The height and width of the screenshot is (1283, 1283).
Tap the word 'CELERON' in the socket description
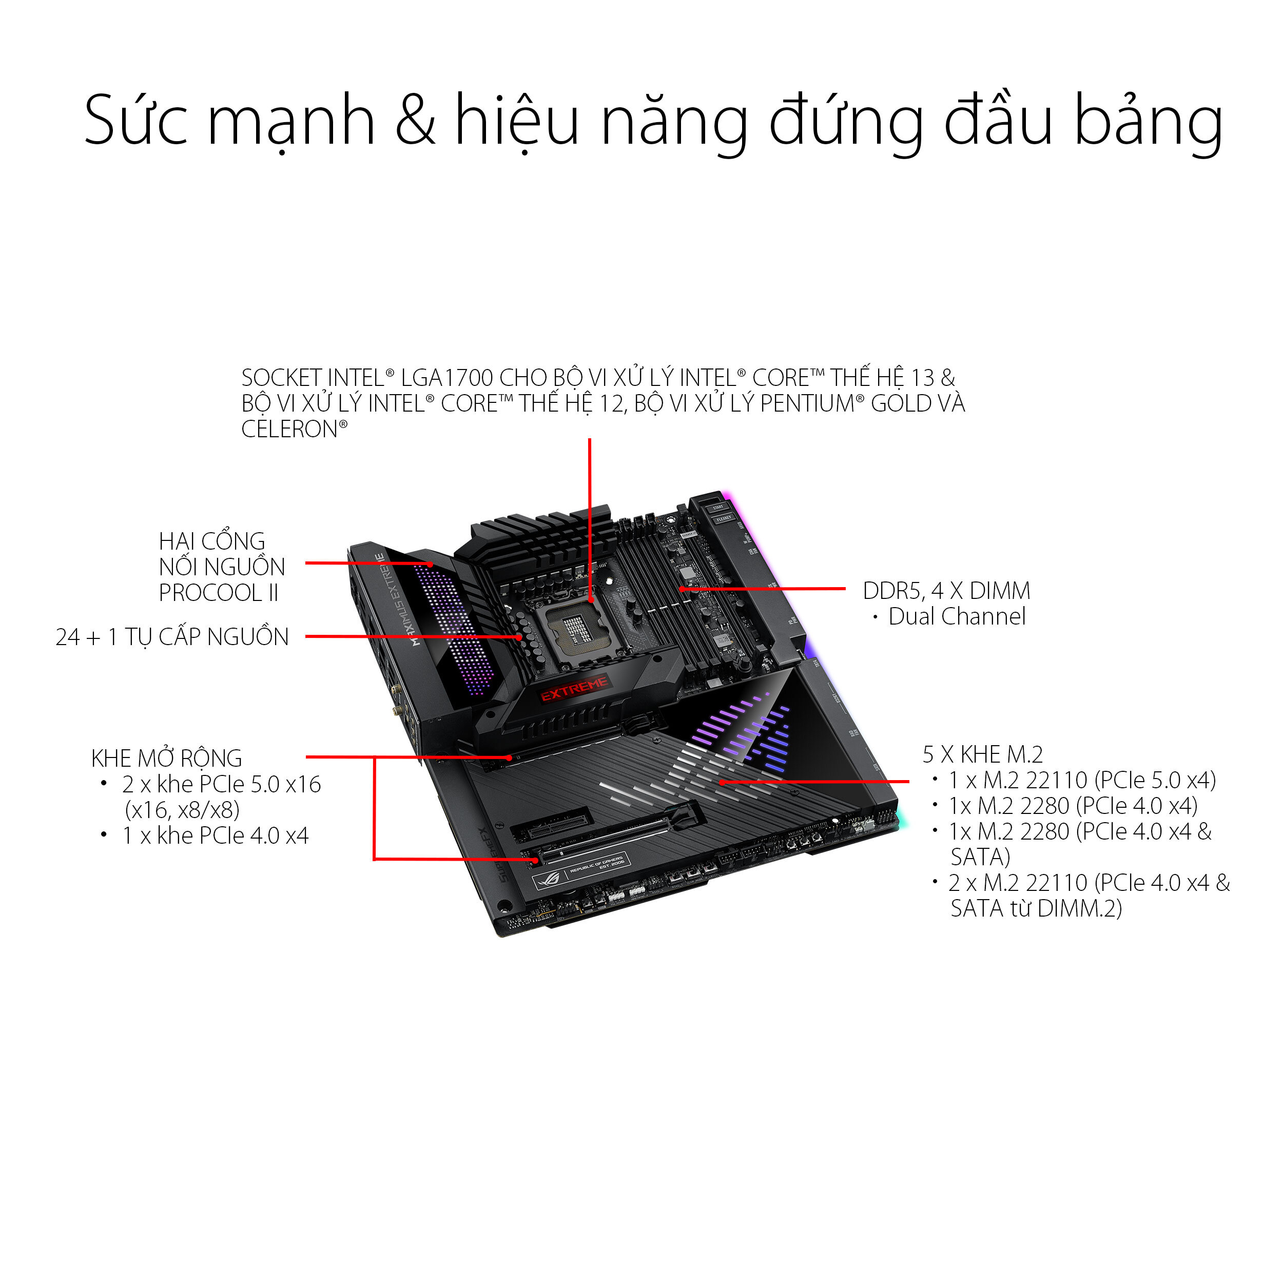click(x=290, y=430)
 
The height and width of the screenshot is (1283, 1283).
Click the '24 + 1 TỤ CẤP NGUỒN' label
click(x=172, y=637)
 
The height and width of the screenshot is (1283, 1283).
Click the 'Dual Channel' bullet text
click(x=956, y=617)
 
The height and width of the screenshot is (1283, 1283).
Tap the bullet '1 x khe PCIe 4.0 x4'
click(x=215, y=835)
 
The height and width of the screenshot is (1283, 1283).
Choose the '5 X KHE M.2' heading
click(x=982, y=754)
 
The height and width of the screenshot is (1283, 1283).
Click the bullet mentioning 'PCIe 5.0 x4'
click(x=1082, y=780)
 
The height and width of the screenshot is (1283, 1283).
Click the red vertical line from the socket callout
click(x=590, y=518)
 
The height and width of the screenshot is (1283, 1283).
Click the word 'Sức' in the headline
click(x=136, y=121)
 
